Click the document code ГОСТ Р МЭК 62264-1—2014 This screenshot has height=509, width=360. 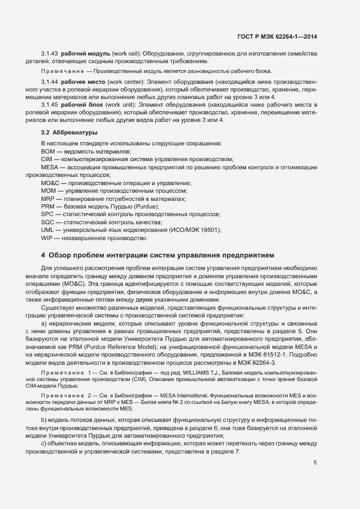pos(277,36)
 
